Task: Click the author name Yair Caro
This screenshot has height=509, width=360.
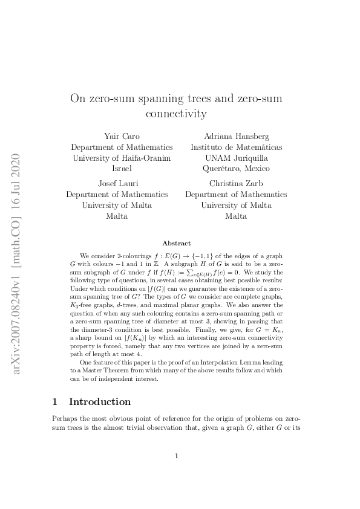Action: point(122,137)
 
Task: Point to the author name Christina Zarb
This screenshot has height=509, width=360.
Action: point(235,184)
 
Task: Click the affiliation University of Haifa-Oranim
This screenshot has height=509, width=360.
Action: point(122,158)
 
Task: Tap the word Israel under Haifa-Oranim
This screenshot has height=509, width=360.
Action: point(122,168)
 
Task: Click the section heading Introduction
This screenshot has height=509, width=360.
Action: point(100,402)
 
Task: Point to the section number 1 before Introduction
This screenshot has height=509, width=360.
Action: point(55,402)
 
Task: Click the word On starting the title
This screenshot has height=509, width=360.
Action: point(78,98)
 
